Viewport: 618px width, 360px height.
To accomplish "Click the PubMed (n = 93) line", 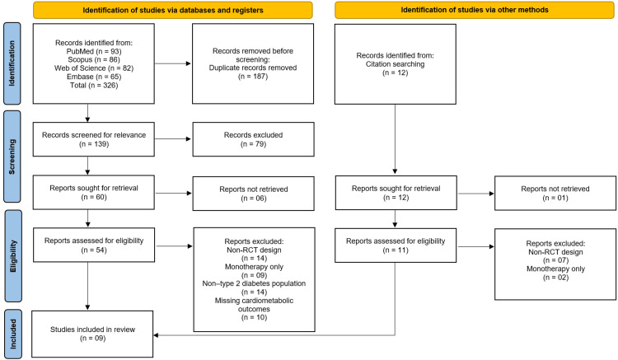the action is (x=94, y=51).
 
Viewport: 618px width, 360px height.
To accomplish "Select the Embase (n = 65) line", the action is (x=94, y=77).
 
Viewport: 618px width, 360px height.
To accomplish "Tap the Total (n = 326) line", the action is (x=94, y=85).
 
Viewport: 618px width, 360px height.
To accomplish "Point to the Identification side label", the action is (x=12, y=63).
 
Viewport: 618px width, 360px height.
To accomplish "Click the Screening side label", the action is (x=12, y=157).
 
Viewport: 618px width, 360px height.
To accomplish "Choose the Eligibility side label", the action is (x=13, y=256).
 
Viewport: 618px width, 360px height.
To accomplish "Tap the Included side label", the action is (x=13, y=334).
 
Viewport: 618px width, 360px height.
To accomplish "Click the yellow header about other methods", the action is (x=474, y=10).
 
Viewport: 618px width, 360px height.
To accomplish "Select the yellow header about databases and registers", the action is (x=173, y=10).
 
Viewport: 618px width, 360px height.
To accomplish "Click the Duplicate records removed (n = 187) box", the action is (x=253, y=63).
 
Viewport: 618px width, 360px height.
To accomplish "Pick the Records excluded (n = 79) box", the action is (x=254, y=139).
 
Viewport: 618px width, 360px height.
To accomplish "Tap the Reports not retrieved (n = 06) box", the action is (x=254, y=194).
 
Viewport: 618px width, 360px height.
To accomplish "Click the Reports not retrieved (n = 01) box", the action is (x=555, y=193).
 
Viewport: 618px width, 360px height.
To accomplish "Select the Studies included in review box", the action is (x=92, y=334).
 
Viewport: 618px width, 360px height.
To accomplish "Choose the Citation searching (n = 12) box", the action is (x=396, y=64).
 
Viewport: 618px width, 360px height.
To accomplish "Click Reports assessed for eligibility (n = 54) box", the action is (x=94, y=245).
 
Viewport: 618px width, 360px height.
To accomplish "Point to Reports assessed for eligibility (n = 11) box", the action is (x=396, y=245).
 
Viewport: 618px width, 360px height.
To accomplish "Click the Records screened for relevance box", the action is (x=94, y=139).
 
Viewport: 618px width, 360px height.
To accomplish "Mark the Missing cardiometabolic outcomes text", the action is (x=254, y=305).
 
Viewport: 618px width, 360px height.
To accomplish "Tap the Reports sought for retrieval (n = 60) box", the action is (x=94, y=192).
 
